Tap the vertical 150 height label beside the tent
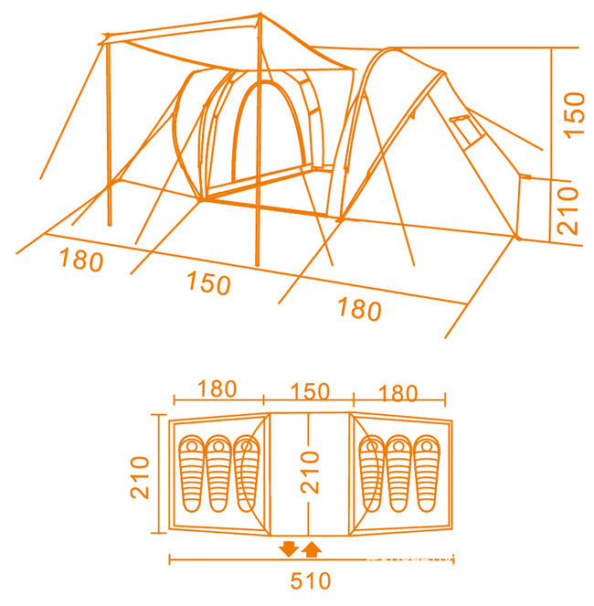pos(573,114)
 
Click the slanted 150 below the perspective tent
pos(207,283)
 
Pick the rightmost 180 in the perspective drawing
pos(358,310)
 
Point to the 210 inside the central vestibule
pos(313,473)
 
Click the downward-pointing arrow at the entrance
pos(289,548)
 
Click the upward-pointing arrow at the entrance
pos(311,548)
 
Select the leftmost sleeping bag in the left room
pos(192,473)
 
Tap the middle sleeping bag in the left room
pos(218,473)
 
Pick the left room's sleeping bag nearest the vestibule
pos(245,473)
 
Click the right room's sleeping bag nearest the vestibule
pos(372,473)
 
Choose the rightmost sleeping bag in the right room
pos(426,473)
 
